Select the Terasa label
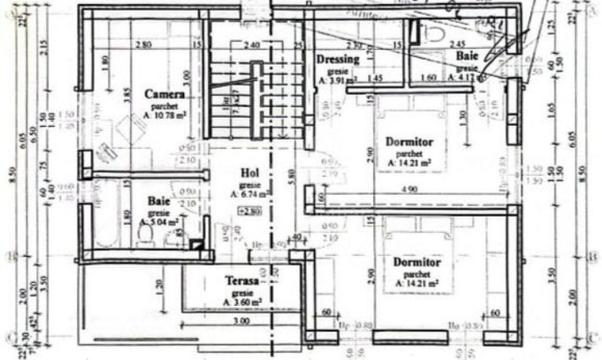pyautogui.click(x=241, y=282)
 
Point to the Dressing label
pyautogui.click(x=338, y=59)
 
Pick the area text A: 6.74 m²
pyautogui.click(x=249, y=195)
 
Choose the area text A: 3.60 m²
pyautogui.click(x=242, y=303)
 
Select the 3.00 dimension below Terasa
pyautogui.click(x=241, y=321)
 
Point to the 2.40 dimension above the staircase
pyautogui.click(x=251, y=46)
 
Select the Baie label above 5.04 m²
pyautogui.click(x=159, y=200)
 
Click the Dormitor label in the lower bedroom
pyautogui.click(x=417, y=262)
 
